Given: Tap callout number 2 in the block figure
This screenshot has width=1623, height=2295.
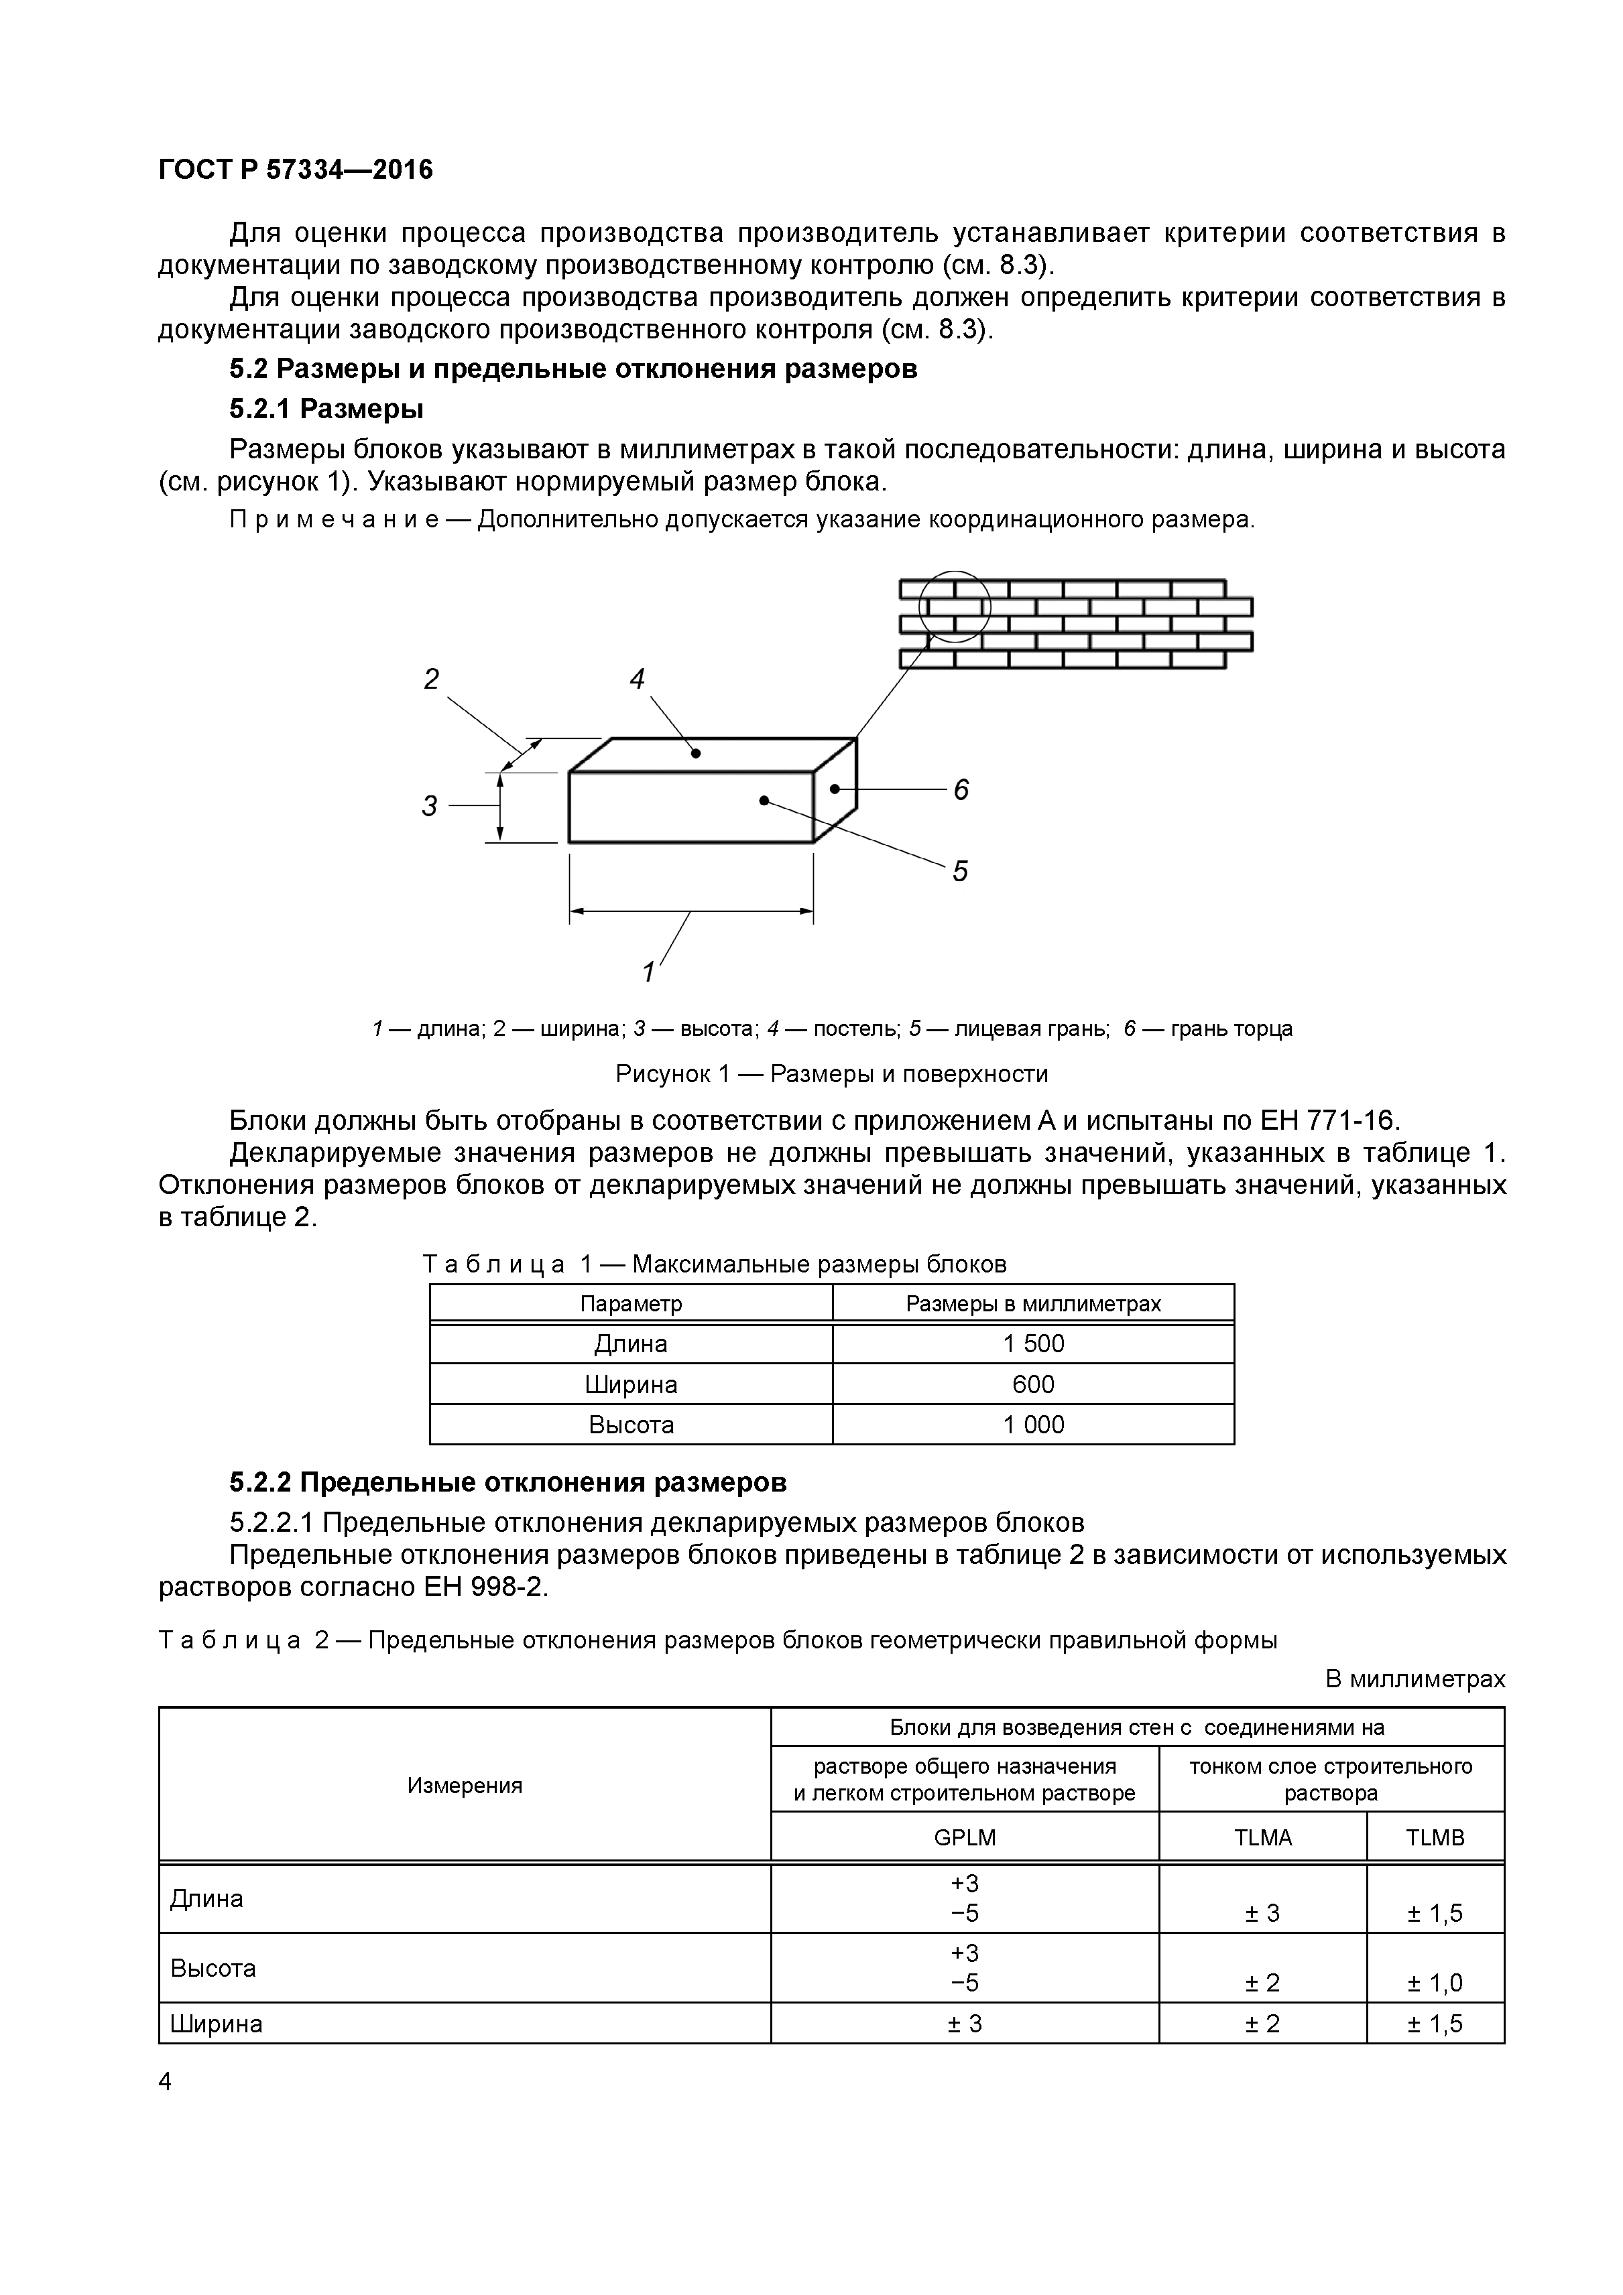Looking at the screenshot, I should point(431,679).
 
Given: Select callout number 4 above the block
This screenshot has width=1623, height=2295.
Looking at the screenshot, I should point(637,679).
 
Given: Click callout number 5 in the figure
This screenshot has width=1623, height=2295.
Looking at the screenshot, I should point(960,872).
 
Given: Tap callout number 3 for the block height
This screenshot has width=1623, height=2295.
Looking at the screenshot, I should point(429,805).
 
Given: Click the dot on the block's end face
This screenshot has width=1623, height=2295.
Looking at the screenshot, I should point(834,789).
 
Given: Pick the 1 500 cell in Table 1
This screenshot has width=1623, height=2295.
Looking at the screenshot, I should point(1033,1343).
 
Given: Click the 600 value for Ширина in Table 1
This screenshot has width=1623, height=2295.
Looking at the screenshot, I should point(1033,1384).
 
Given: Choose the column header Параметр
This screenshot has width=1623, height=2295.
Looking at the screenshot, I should point(631,1303).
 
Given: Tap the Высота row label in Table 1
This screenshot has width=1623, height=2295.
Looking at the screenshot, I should point(631,1425).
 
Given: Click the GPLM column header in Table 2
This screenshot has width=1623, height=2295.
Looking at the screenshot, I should point(964,1837).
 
